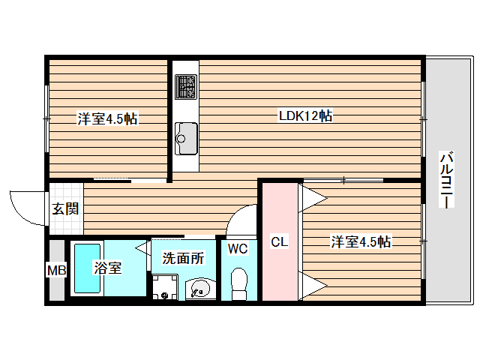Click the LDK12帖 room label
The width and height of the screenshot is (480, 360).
pyautogui.click(x=305, y=116)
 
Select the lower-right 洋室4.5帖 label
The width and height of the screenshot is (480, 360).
pyautogui.click(x=361, y=241)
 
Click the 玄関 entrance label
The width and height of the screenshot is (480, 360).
pyautogui.click(x=65, y=208)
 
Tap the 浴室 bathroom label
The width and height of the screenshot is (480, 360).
pyautogui.click(x=107, y=268)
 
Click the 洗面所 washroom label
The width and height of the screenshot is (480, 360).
pyautogui.click(x=183, y=259)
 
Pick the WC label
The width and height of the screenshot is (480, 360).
pyautogui.click(x=238, y=248)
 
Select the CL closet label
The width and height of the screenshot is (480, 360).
pyautogui.click(x=279, y=241)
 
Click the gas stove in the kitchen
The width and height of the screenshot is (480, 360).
pyautogui.click(x=186, y=87)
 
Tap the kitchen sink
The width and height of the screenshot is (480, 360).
pyautogui.click(x=186, y=136)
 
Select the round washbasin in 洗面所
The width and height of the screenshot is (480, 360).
pyautogui.click(x=199, y=287)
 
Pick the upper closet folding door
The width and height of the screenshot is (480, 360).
pyautogui.click(x=313, y=196)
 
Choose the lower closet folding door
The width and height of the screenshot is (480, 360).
pyautogui.click(x=313, y=285)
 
